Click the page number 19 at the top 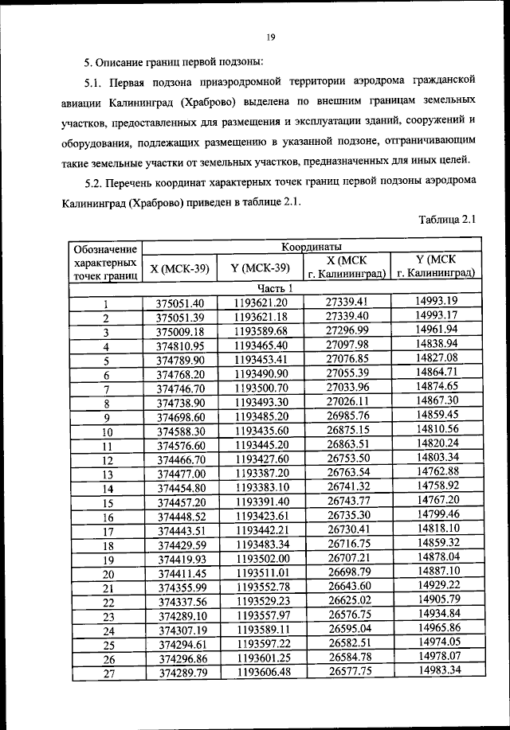tap(270, 37)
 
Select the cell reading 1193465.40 tap(261, 346)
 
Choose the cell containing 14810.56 tap(436, 430)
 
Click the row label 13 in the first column tap(104, 474)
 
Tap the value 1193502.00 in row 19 tap(261, 560)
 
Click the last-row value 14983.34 tap(436, 672)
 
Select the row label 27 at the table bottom tap(104, 674)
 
